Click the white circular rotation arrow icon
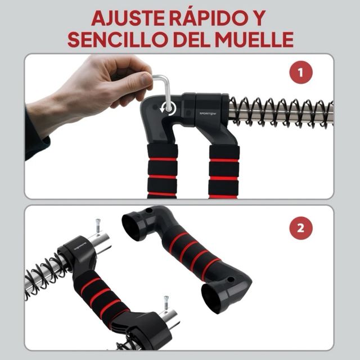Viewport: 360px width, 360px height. [168, 107]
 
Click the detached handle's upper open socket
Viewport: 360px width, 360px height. [134, 227]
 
